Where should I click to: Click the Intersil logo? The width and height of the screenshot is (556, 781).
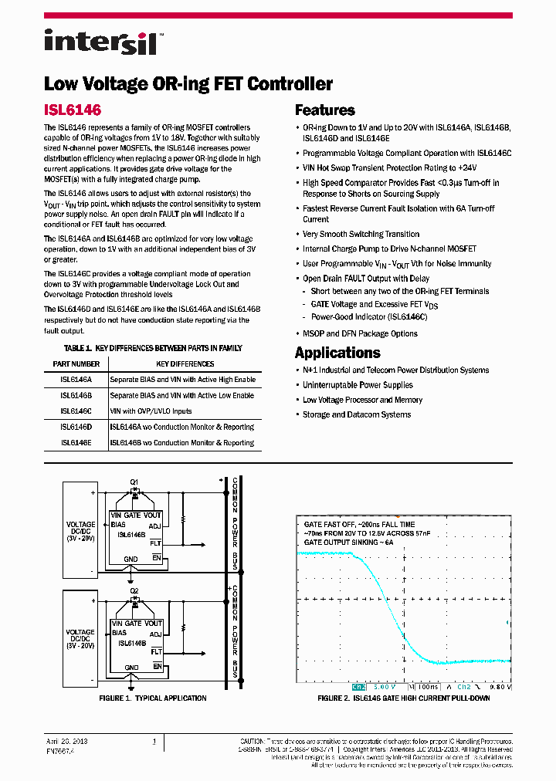click(x=101, y=42)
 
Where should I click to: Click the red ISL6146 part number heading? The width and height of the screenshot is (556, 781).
click(x=73, y=110)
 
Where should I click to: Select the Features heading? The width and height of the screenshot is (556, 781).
click(x=325, y=110)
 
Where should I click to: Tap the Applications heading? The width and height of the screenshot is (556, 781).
click(x=337, y=353)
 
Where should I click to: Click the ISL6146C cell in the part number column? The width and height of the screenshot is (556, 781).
click(x=76, y=411)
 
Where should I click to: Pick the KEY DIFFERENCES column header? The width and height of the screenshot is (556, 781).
click(x=185, y=363)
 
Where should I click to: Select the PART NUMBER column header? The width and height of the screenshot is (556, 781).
click(x=76, y=363)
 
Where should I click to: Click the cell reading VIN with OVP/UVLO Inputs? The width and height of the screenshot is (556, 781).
click(x=151, y=411)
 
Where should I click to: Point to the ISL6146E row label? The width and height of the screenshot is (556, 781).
click(x=76, y=443)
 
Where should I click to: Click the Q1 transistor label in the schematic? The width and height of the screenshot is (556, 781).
click(x=134, y=481)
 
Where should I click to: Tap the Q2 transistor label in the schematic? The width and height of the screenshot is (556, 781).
click(x=134, y=592)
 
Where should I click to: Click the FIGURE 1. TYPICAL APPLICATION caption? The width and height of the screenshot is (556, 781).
click(x=153, y=698)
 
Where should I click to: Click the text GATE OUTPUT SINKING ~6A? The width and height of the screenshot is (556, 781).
click(x=349, y=543)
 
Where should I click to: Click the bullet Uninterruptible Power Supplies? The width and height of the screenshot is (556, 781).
click(x=358, y=385)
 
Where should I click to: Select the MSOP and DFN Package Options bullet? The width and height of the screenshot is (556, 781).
click(x=360, y=333)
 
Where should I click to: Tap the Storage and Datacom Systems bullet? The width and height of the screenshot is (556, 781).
click(x=357, y=414)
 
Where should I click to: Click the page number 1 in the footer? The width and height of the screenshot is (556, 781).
click(x=154, y=742)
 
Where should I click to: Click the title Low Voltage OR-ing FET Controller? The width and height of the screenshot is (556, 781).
click(x=188, y=84)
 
